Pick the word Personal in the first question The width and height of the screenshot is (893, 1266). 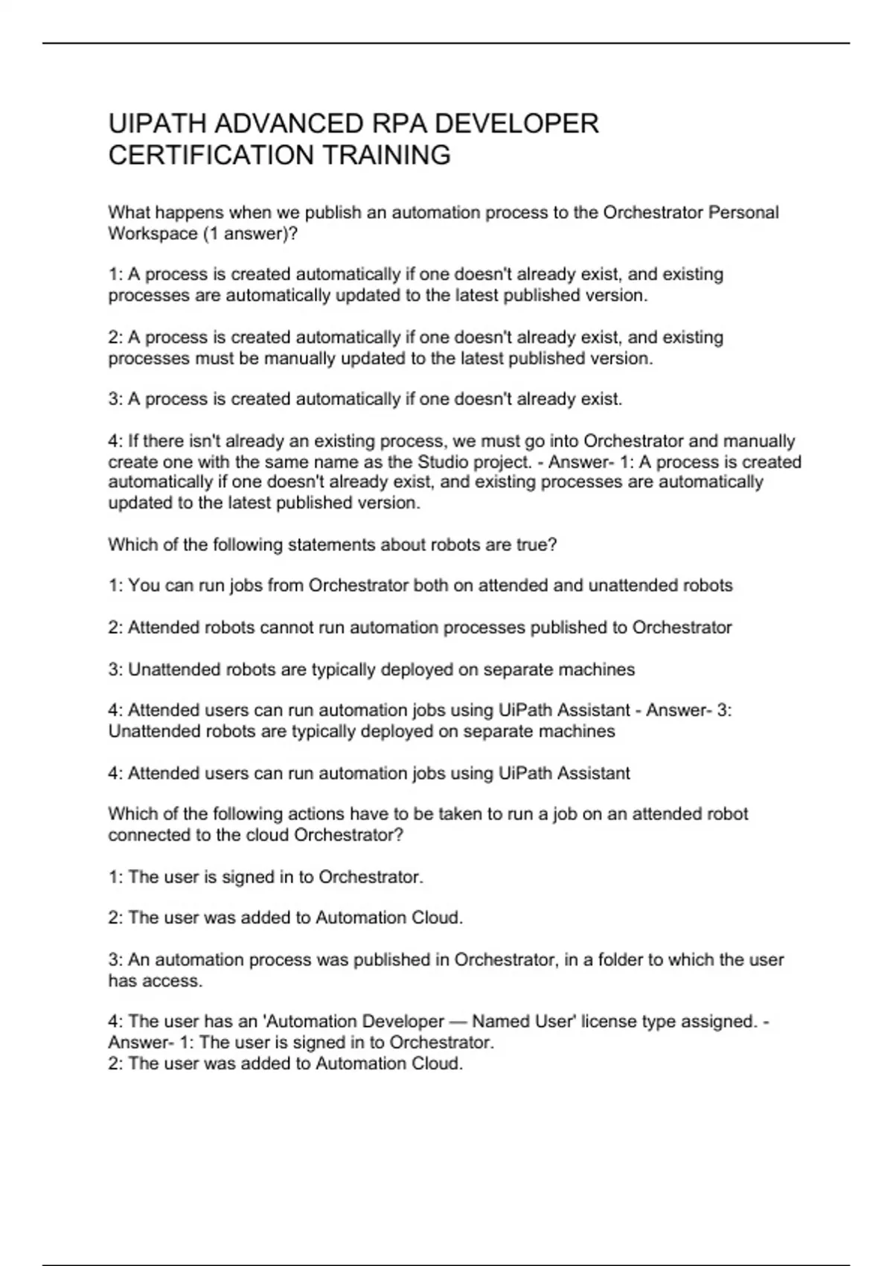pyautogui.click(x=743, y=213)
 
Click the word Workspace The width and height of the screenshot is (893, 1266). pyautogui.click(x=153, y=234)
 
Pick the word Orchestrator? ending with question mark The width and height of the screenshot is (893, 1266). pyautogui.click(x=349, y=835)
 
